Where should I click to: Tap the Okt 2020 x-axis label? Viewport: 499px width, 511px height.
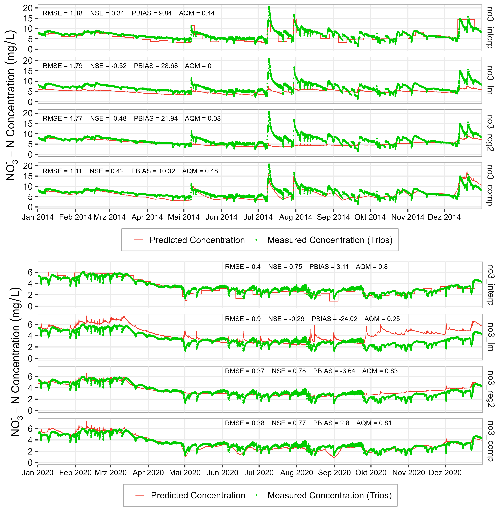(x=371, y=472)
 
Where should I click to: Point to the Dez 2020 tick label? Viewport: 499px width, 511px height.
(x=445, y=472)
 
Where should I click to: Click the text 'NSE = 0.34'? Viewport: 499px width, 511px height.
(x=107, y=13)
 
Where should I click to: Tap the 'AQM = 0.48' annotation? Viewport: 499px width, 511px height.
(x=200, y=171)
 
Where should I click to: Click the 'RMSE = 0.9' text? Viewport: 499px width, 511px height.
(x=243, y=319)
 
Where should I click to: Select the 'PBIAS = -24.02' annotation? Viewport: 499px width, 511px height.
(x=334, y=319)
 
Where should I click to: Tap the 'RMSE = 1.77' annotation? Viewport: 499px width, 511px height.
(x=62, y=119)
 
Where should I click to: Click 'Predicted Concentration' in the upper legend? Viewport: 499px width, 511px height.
(x=197, y=240)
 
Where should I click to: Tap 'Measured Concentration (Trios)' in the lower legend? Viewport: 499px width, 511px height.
(x=329, y=495)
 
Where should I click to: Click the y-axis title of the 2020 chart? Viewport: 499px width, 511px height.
(x=16, y=363)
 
